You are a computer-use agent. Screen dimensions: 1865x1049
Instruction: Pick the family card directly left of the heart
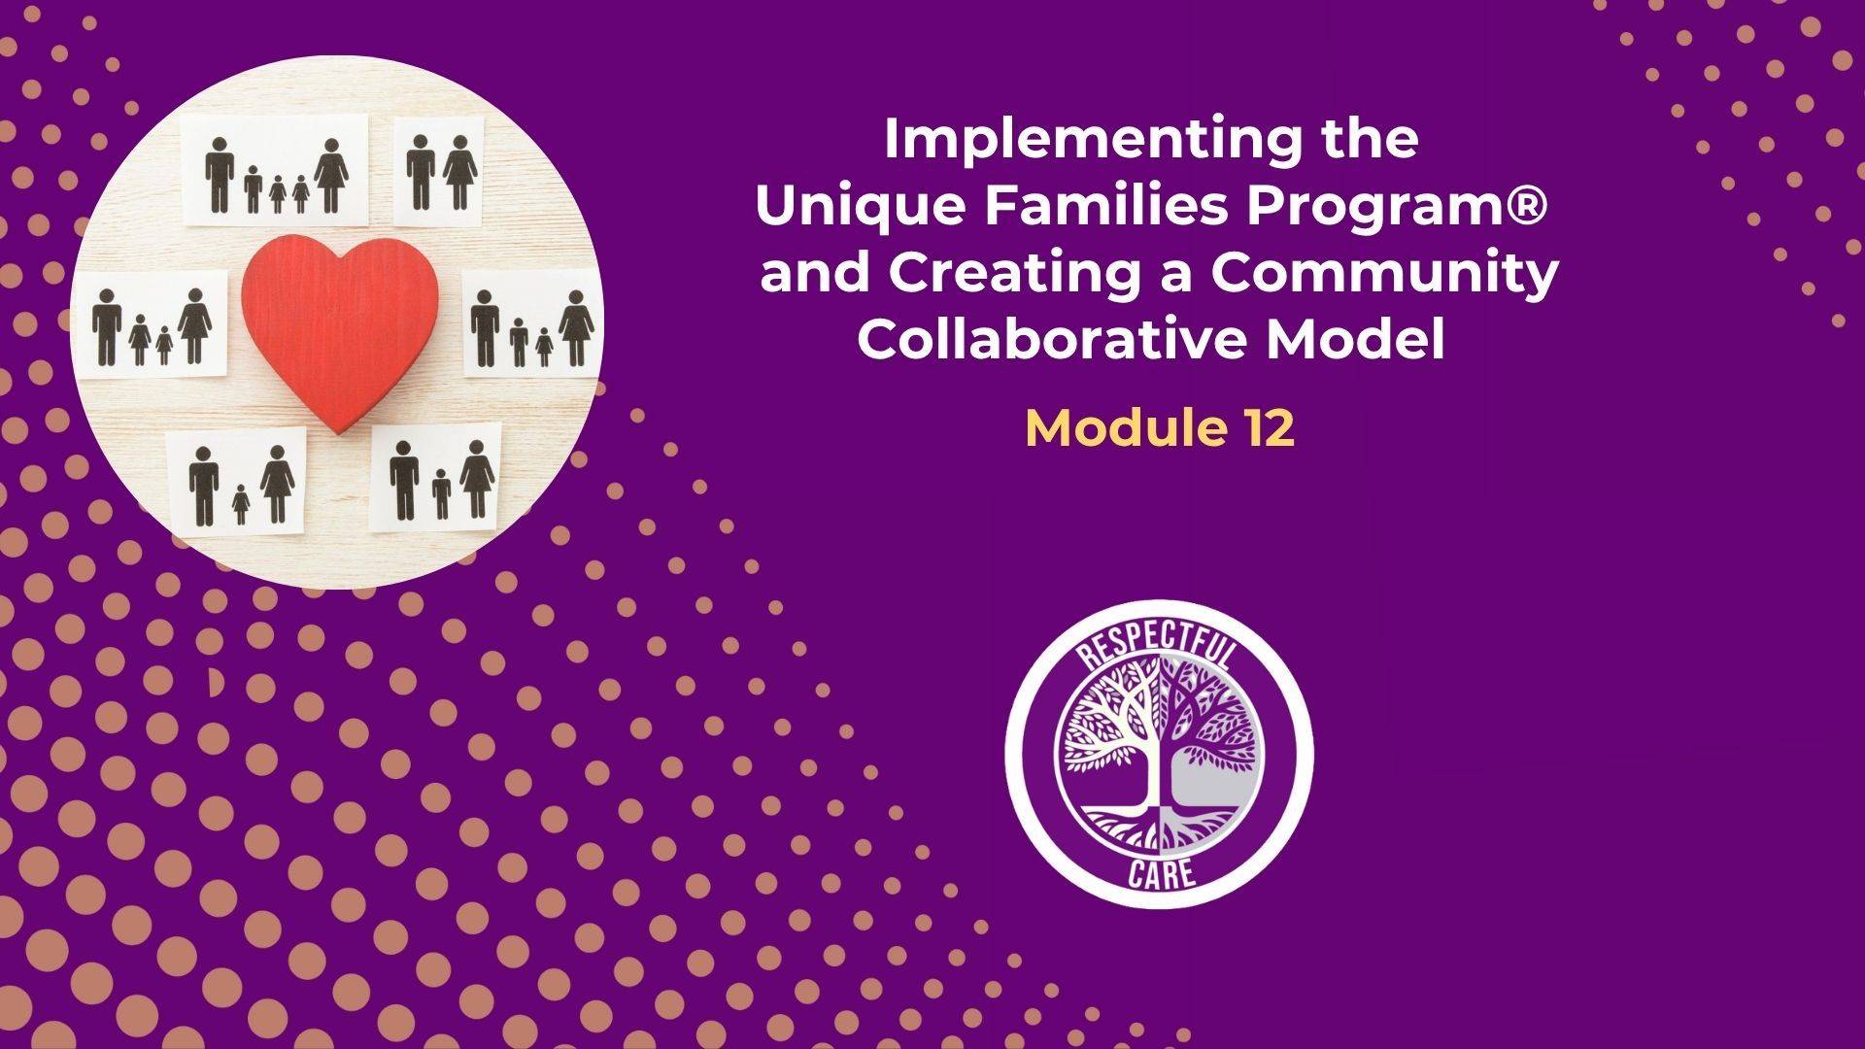[x=154, y=323]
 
